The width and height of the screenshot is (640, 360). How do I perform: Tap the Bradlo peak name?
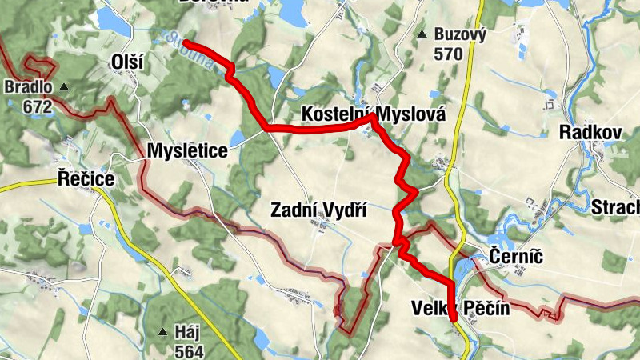point(26,86)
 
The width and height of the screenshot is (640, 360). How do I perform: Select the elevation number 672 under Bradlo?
point(37,106)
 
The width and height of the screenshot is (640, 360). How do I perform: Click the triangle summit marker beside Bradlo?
point(64,86)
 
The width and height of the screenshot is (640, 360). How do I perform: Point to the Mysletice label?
point(186,150)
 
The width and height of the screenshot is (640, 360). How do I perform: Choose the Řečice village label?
point(86,179)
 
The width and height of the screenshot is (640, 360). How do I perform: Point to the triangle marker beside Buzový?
point(422,34)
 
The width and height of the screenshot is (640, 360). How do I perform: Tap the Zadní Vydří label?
point(318,210)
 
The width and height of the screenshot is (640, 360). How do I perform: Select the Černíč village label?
point(515,257)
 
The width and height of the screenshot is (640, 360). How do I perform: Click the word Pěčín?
point(486,308)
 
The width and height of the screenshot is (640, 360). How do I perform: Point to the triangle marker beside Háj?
point(162,331)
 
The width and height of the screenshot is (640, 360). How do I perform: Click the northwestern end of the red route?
point(186,42)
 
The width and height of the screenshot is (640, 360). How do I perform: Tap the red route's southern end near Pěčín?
point(454,319)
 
